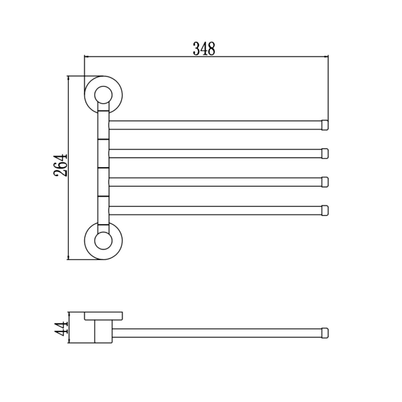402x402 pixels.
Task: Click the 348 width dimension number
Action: pyautogui.click(x=204, y=49)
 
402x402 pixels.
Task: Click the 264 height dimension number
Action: pyautogui.click(x=61, y=165)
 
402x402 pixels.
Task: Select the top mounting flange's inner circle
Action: pyautogui.click(x=103, y=86)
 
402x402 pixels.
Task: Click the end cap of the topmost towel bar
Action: pyautogui.click(x=325, y=125)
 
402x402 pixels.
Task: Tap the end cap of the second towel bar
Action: pyautogui.click(x=325, y=154)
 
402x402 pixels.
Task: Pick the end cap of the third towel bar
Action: pyautogui.click(x=325, y=182)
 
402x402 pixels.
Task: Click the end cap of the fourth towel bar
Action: pyautogui.click(x=325, y=210)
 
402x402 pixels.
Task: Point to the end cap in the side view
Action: pyautogui.click(x=325, y=333)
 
